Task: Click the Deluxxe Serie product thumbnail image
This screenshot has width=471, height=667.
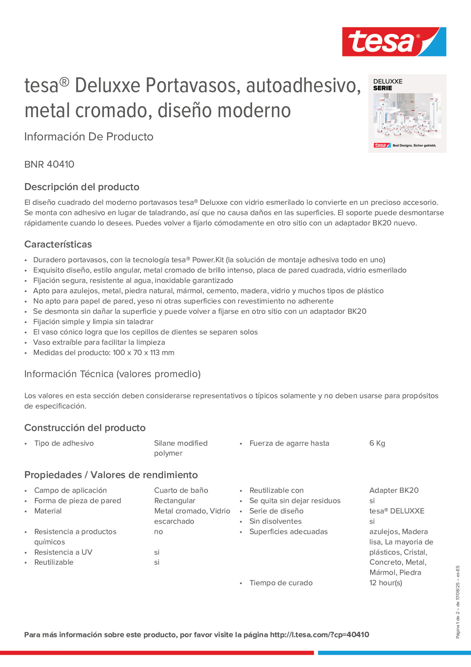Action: point(407,114)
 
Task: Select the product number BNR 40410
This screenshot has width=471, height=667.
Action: point(49,164)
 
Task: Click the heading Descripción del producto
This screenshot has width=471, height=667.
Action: point(82,187)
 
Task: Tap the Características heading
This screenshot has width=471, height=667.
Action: point(58,244)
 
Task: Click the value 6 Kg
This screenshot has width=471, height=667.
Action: point(377,443)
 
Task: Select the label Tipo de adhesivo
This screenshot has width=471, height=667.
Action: point(64,443)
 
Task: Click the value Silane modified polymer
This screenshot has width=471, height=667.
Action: point(181,448)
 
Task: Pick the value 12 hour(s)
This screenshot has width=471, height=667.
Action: point(386,583)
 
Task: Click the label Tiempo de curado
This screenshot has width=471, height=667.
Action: point(281,583)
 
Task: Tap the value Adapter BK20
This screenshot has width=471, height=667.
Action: point(394,490)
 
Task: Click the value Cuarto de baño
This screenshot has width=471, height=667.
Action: point(181,490)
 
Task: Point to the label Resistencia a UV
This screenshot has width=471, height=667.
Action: point(63,552)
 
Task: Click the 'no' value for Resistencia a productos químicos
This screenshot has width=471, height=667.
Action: point(158,532)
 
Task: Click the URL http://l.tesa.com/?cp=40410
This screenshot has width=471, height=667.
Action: point(319,635)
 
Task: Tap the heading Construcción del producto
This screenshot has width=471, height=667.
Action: point(85,428)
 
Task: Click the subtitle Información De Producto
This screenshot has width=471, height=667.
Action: point(89,137)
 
